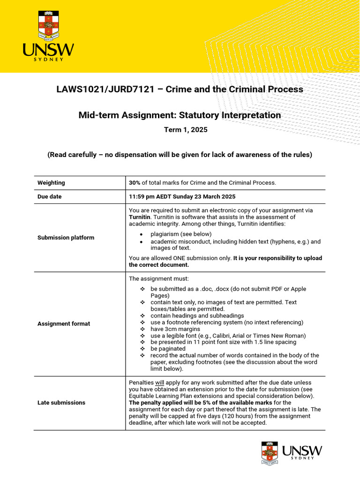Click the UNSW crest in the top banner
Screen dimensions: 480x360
[49, 26]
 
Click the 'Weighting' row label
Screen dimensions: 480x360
[51, 183]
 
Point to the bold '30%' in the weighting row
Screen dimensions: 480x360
[135, 183]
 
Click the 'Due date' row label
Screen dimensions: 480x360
[49, 197]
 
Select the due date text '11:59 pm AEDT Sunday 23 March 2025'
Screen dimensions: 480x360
[182, 197]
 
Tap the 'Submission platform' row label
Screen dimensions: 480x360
[66, 238]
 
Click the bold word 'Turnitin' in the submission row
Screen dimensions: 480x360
[140, 217]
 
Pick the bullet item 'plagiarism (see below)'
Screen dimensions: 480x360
[181, 234]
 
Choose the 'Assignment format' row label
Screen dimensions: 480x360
[64, 323]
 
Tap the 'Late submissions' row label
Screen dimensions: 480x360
[61, 403]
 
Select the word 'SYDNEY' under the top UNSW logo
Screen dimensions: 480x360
[48, 60]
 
